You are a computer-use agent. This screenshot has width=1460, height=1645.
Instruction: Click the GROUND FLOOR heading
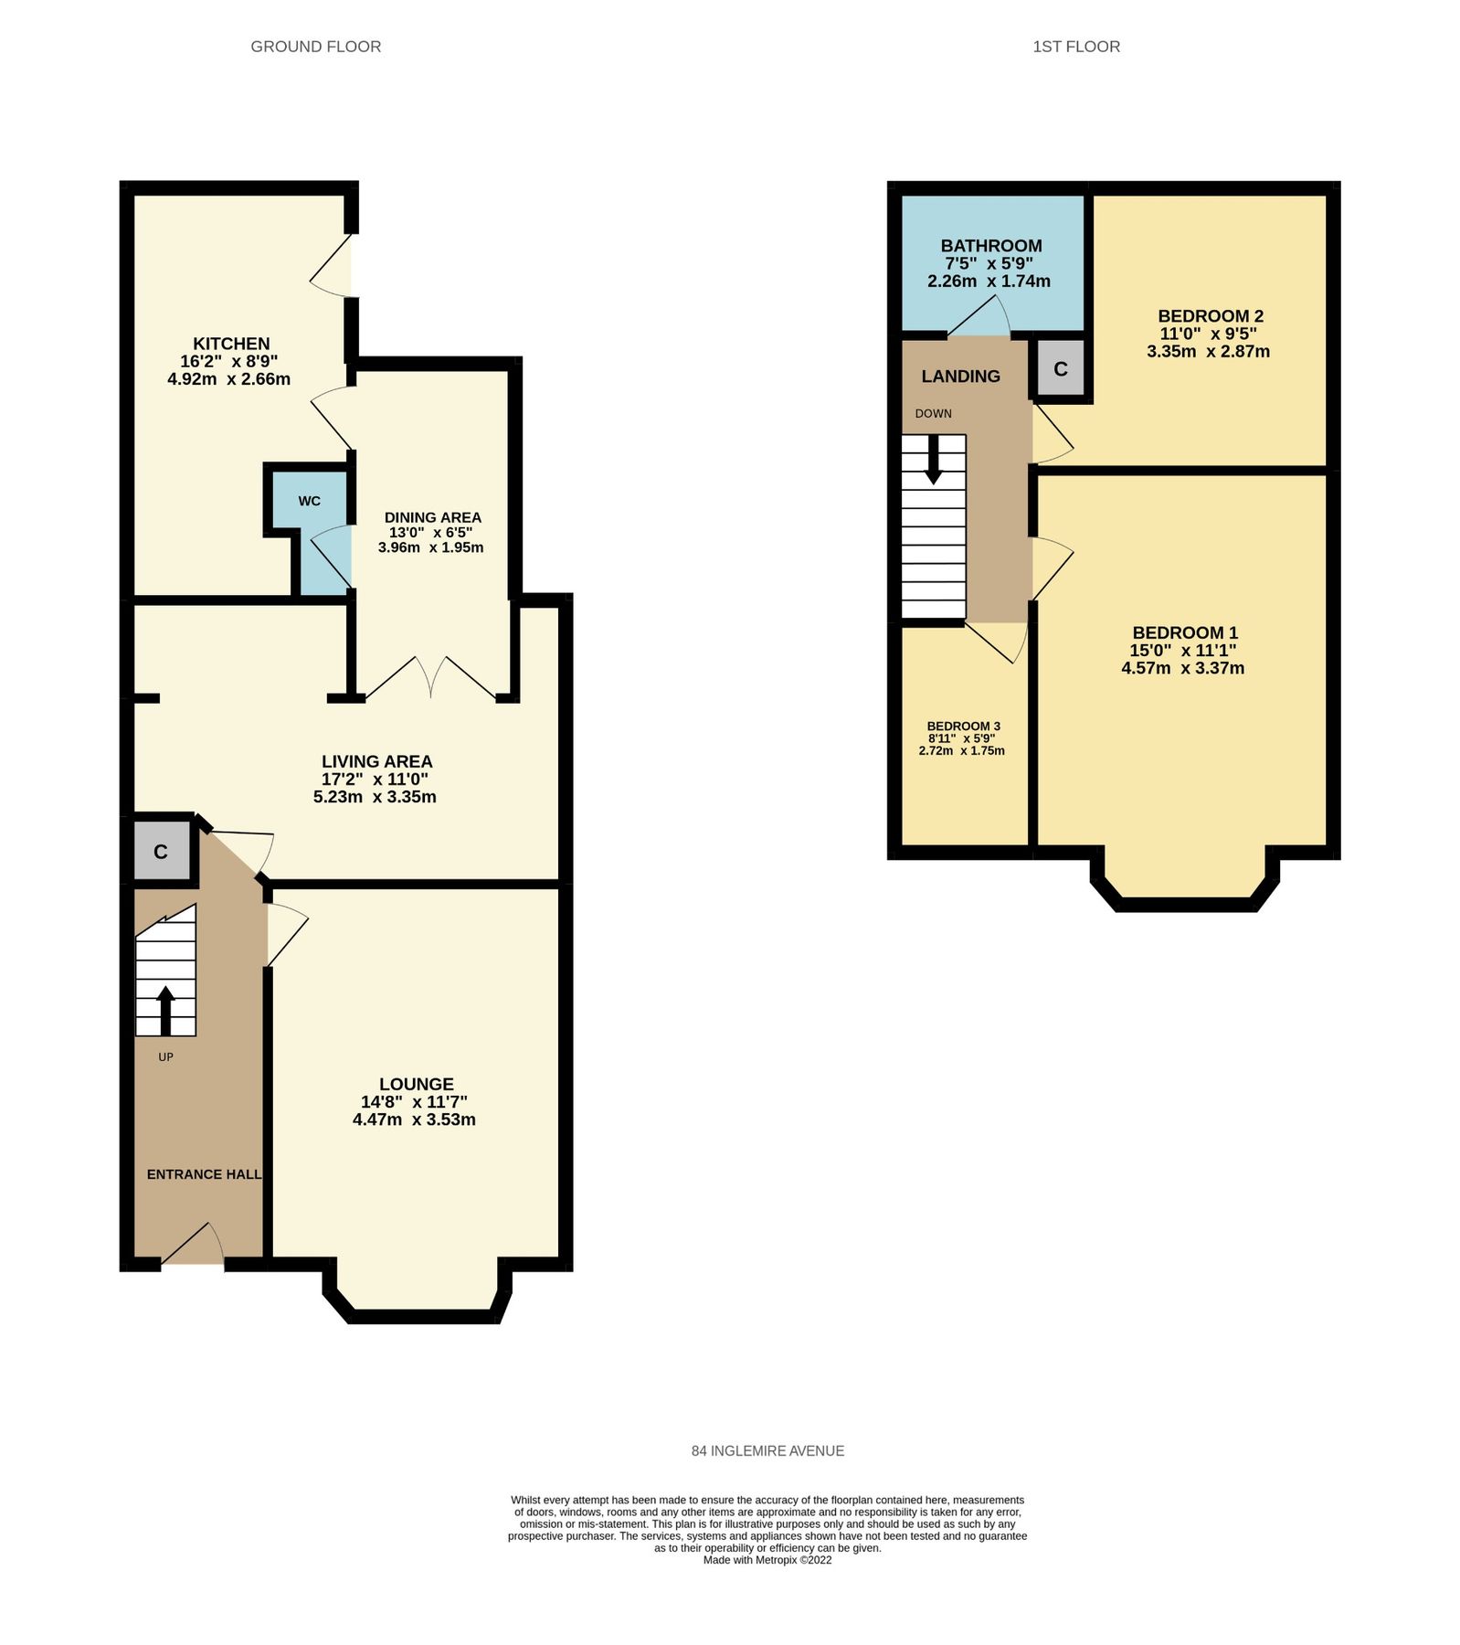315,47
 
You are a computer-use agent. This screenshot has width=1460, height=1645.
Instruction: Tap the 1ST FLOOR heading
1075,47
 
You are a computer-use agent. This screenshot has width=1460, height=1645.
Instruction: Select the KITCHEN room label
231,344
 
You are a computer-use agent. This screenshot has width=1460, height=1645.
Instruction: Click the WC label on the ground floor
309,501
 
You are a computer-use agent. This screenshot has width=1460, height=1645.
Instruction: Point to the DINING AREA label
432,517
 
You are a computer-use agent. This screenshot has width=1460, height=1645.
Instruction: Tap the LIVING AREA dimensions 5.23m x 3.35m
375,797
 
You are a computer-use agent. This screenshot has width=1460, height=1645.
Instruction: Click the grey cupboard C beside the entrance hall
161,852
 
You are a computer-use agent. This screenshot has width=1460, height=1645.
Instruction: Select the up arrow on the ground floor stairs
165,1009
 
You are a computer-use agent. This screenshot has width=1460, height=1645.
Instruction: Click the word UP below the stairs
165,1056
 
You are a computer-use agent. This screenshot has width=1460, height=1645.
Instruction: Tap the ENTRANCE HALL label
204,1174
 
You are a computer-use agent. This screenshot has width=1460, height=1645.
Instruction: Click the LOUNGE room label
417,1084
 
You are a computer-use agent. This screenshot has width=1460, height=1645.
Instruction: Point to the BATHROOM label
991,246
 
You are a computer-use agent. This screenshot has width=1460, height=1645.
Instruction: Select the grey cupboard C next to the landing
1061,369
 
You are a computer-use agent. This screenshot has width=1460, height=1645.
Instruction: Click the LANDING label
960,377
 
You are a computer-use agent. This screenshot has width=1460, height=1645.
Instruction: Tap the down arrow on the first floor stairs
933,459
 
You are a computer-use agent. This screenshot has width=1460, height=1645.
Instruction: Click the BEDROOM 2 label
1211,316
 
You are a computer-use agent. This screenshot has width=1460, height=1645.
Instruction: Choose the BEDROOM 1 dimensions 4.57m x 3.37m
1183,668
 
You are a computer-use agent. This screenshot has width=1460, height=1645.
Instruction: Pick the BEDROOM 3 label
963,727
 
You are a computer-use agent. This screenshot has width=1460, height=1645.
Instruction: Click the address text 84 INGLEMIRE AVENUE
767,1450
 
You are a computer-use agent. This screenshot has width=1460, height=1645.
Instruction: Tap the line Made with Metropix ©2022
767,1560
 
